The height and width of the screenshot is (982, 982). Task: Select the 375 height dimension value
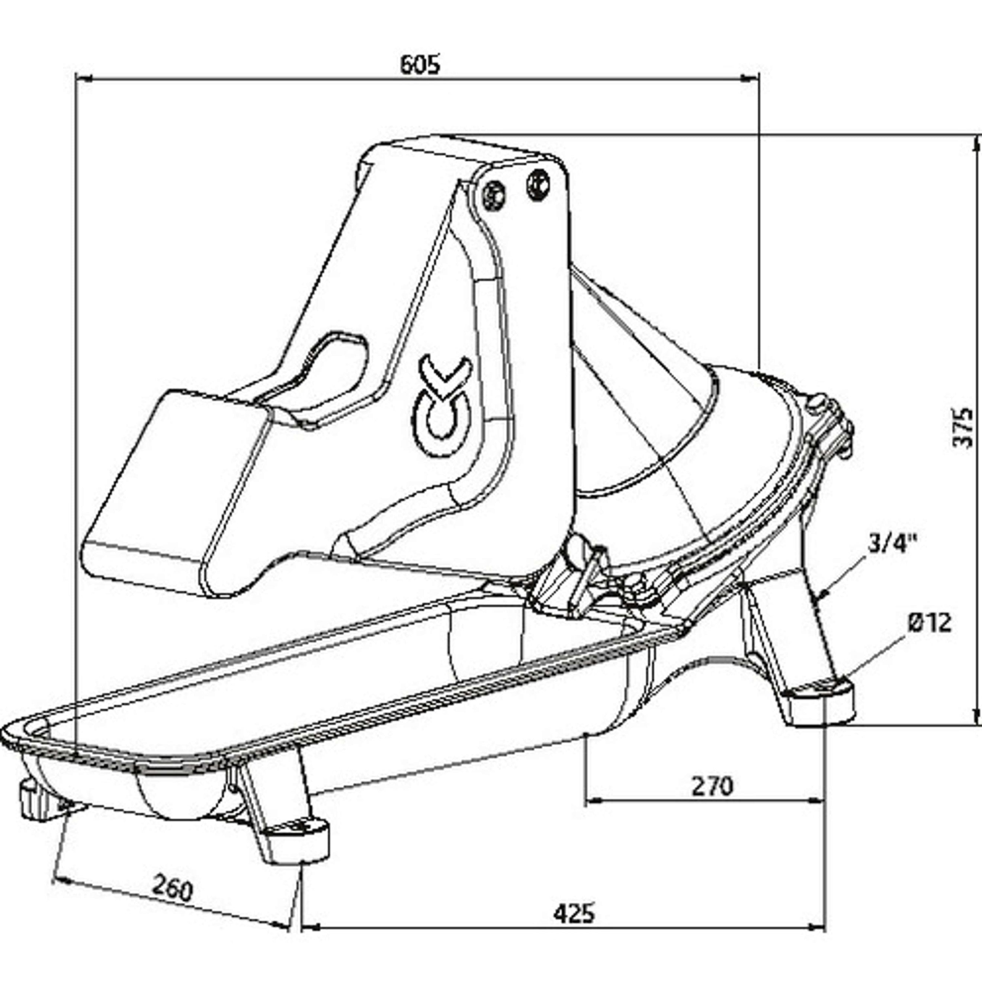point(962,427)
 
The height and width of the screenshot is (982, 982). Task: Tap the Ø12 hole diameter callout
point(929,622)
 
